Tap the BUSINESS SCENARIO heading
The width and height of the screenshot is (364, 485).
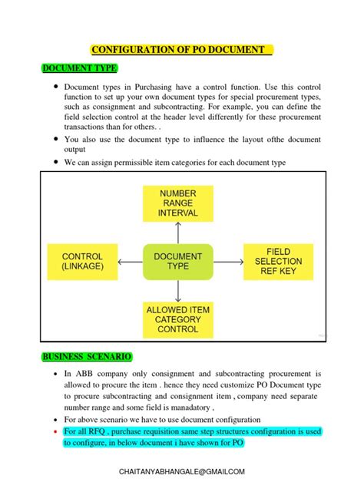[87, 357]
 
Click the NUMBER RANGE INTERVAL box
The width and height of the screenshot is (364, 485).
[178, 203]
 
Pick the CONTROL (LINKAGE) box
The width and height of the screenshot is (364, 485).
[82, 261]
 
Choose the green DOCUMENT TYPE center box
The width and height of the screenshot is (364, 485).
[177, 261]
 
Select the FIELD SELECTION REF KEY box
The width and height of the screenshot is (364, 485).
[278, 261]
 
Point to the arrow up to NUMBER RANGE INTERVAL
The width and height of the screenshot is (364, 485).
[178, 232]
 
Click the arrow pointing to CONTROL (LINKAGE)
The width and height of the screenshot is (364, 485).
[131, 261]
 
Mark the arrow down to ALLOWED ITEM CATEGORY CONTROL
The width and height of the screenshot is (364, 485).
[178, 291]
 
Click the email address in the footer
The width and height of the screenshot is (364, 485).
[182, 471]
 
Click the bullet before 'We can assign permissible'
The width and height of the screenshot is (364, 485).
[56, 163]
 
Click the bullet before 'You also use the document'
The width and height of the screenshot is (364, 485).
[56, 140]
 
